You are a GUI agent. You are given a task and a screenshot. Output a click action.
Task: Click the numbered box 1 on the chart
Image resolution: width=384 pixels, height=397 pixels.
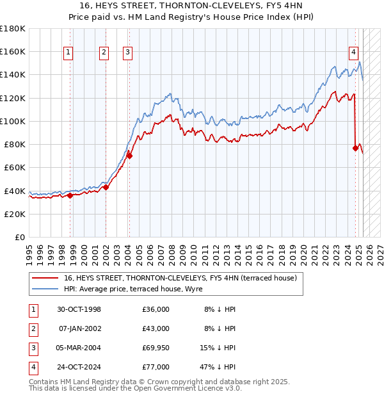tap(68, 53)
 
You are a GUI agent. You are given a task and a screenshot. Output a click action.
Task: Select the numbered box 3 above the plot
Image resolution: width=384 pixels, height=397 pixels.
tap(128, 53)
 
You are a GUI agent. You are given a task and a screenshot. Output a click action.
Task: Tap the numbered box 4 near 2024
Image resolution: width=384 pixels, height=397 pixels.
tap(353, 53)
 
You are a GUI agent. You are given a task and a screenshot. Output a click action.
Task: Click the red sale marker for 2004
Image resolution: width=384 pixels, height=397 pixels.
tap(129, 155)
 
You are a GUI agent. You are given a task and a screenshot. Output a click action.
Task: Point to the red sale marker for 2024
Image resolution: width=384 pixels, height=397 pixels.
tap(355, 148)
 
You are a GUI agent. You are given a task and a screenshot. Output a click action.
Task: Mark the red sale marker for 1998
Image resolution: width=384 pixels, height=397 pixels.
tap(70, 195)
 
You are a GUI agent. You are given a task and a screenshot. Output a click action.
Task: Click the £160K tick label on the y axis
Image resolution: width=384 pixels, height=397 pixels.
tap(13, 51)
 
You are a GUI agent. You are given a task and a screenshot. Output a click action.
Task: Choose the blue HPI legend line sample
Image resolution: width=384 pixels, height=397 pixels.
tap(45, 289)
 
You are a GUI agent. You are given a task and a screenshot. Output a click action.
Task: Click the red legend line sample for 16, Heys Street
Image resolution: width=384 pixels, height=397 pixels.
tap(45, 279)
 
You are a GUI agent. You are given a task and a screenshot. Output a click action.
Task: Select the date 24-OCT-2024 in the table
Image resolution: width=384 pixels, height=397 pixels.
tap(79, 367)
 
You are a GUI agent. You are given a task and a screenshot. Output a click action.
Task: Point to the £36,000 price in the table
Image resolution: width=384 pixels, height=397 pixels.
tap(156, 309)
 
